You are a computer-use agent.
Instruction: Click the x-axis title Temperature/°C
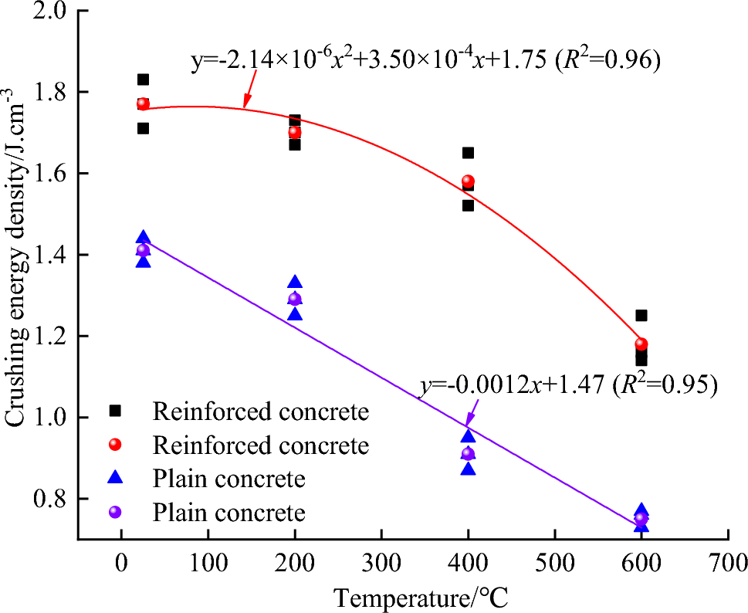[x=421, y=596]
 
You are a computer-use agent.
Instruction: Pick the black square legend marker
[x=116, y=411]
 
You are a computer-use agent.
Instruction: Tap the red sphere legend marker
[x=116, y=445]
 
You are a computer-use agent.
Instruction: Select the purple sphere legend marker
[x=116, y=512]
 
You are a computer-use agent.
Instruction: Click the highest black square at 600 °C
[x=641, y=315]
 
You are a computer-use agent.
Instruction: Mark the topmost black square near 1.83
[x=143, y=80]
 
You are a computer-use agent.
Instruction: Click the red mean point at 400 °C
[x=468, y=182]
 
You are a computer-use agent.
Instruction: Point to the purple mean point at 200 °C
[x=294, y=299]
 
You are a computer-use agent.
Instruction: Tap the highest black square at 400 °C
[x=468, y=153]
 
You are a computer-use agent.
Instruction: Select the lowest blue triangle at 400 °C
[x=468, y=469]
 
